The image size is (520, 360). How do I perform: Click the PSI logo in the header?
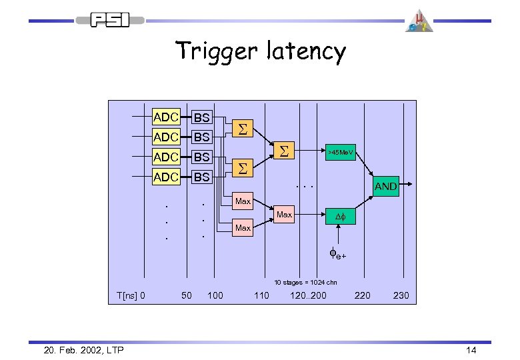coord(109,20)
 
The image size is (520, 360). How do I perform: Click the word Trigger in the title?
coord(213,52)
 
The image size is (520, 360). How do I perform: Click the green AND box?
coord(386,187)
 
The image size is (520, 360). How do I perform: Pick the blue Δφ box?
coord(339,217)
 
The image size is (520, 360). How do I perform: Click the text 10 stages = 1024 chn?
coord(305,282)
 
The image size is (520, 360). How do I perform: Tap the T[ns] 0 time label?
coord(131,295)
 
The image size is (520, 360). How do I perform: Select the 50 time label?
coord(187,295)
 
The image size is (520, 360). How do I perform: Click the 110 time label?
coord(261,295)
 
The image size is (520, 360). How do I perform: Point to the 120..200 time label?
coord(309,295)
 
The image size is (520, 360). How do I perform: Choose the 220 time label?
coord(363,295)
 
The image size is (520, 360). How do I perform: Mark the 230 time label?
coord(401,295)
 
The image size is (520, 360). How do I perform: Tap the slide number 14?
coord(471,349)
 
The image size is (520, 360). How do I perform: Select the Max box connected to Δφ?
coord(284,215)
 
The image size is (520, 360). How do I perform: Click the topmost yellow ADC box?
coord(165,117)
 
